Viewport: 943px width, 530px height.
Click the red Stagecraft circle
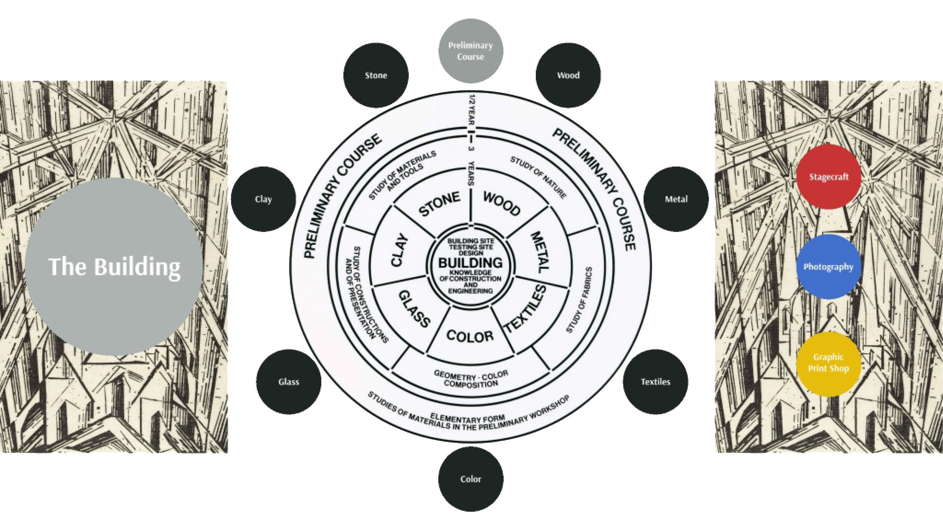[829, 177]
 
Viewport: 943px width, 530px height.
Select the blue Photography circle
[829, 267]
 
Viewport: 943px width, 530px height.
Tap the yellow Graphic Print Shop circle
[829, 363]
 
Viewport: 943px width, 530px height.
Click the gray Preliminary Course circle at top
[471, 51]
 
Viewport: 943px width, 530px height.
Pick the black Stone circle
[376, 75]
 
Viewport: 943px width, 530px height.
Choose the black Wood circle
[568, 75]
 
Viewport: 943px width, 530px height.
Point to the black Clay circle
[263, 199]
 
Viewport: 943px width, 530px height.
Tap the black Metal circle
[676, 199]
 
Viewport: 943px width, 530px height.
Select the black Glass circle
[289, 382]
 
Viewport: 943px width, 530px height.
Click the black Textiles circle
[655, 382]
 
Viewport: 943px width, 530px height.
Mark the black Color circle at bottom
[471, 479]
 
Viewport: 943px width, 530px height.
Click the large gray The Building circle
[114, 267]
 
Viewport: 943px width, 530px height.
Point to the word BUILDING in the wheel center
[471, 263]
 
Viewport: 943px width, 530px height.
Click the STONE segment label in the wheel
[439, 203]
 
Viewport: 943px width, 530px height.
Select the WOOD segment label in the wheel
[502, 203]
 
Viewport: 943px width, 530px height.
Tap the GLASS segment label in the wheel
[414, 309]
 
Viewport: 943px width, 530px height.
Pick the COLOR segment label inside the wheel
[470, 336]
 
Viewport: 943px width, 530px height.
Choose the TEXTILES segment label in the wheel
[526, 309]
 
